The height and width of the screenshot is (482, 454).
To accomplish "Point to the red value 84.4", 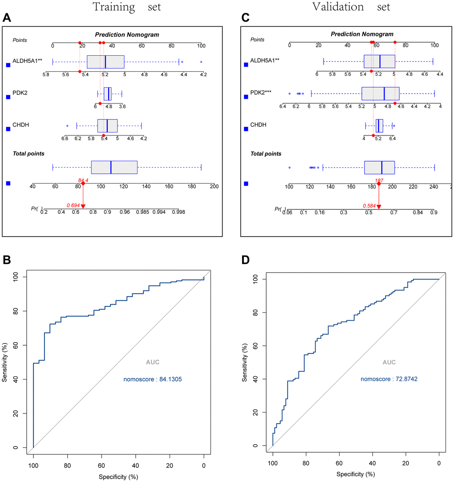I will (82, 180).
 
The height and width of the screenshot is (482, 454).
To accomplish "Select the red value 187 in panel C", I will (379, 180).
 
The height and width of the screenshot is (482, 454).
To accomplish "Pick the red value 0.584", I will (369, 206).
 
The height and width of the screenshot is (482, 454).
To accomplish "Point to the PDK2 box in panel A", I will (108, 94).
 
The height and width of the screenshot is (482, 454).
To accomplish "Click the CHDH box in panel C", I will (379, 126).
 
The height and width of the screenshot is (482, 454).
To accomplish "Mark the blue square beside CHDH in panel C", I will (247, 129).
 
